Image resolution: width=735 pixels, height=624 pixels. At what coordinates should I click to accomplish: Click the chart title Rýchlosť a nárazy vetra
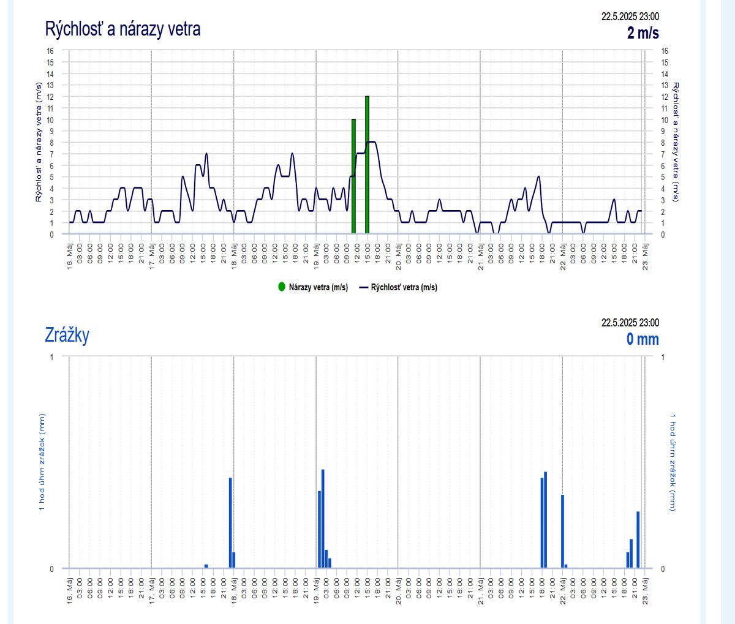123,29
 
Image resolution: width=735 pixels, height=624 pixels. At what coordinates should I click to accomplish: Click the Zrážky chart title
67,335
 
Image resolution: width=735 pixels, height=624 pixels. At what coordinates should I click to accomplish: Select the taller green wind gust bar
367,165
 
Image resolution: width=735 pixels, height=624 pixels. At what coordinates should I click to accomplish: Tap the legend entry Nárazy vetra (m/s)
313,287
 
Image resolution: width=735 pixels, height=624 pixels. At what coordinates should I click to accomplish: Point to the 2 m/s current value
643,32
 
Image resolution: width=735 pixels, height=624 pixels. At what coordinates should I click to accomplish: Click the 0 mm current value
643,339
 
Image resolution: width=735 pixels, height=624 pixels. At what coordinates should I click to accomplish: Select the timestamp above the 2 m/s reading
630,17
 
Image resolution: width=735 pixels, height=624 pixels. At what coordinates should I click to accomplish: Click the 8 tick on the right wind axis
665,143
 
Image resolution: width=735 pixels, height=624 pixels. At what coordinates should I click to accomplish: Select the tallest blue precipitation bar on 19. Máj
323,518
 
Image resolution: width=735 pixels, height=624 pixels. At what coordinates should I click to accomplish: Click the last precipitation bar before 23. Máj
638,539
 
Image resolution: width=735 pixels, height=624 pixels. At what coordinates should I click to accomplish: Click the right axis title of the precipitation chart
673,462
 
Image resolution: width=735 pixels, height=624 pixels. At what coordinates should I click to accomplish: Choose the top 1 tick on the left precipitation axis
51,357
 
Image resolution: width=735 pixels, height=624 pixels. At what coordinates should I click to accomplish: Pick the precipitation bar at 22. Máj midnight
562,531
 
